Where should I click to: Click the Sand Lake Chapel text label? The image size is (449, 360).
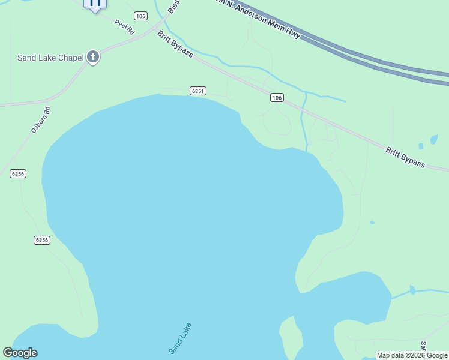[x=50, y=58]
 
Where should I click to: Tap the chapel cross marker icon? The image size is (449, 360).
[x=92, y=57]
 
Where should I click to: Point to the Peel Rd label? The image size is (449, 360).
[x=125, y=27]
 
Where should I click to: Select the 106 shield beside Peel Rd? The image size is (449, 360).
[x=140, y=16]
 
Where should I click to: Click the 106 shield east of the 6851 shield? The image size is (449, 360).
[x=276, y=97]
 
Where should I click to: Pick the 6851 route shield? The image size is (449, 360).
[x=198, y=91]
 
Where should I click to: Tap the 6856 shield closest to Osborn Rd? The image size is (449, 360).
[x=18, y=173]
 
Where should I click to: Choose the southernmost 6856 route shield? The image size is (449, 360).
[x=41, y=240]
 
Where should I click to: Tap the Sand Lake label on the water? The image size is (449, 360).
[x=180, y=338]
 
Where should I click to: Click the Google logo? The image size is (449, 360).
[x=20, y=353]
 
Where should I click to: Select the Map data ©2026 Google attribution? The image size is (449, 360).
[x=412, y=355]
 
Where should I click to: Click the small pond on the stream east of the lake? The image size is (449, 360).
[x=412, y=290]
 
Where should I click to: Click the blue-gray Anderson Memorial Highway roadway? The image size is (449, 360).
[x=360, y=58]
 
